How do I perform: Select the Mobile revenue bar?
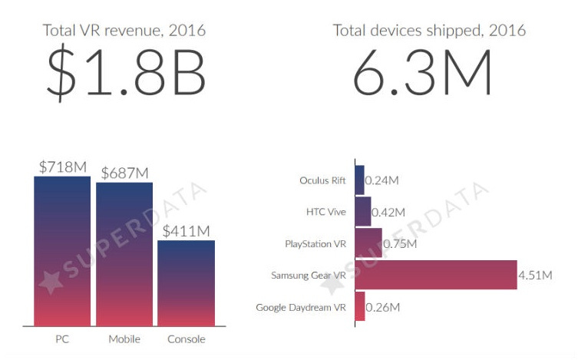point(124,254)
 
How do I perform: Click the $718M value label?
point(63,166)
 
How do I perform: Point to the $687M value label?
point(124,173)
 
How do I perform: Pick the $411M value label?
point(187,230)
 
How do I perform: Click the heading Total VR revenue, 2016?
point(126,31)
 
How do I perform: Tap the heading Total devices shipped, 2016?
point(429,31)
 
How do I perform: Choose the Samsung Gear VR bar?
point(435,275)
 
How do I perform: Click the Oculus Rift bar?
point(359,180)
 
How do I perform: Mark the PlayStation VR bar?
point(368,243)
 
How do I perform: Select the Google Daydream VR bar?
point(359,307)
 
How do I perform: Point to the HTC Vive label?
point(327,212)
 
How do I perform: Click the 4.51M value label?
point(535,275)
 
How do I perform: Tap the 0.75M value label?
point(400,244)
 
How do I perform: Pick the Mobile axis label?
point(124,338)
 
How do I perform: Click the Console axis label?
point(186,338)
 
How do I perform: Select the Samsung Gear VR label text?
point(309,276)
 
